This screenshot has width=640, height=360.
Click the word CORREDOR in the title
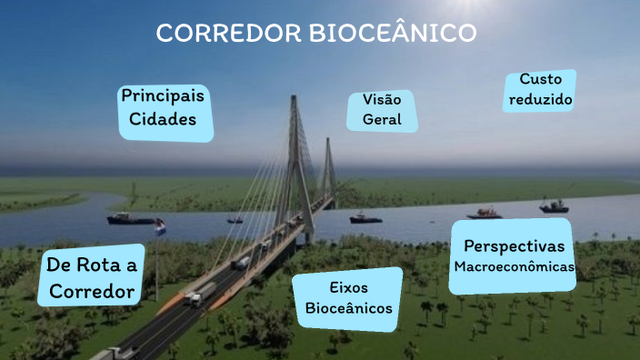tap(229, 34)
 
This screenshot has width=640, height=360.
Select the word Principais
tap(164, 95)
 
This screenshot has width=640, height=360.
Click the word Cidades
tap(164, 119)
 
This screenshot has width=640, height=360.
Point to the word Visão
tap(382, 100)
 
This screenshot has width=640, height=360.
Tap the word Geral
tap(382, 120)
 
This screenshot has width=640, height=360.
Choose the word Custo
tap(540, 80)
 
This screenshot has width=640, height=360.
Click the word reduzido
tap(540, 100)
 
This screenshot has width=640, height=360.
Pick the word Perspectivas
tap(514, 246)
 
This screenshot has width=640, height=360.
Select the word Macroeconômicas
tap(514, 267)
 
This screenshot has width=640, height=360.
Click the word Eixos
tap(348, 288)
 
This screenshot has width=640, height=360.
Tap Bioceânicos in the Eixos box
tap(349, 308)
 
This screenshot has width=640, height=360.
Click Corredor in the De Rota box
tap(92, 292)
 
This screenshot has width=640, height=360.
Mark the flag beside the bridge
tap(160, 226)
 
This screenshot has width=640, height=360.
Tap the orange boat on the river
tap(485, 215)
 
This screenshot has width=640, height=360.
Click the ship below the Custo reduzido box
tap(554, 207)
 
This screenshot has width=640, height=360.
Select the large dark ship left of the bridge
tap(131, 218)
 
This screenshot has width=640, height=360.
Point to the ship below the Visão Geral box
tap(365, 217)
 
